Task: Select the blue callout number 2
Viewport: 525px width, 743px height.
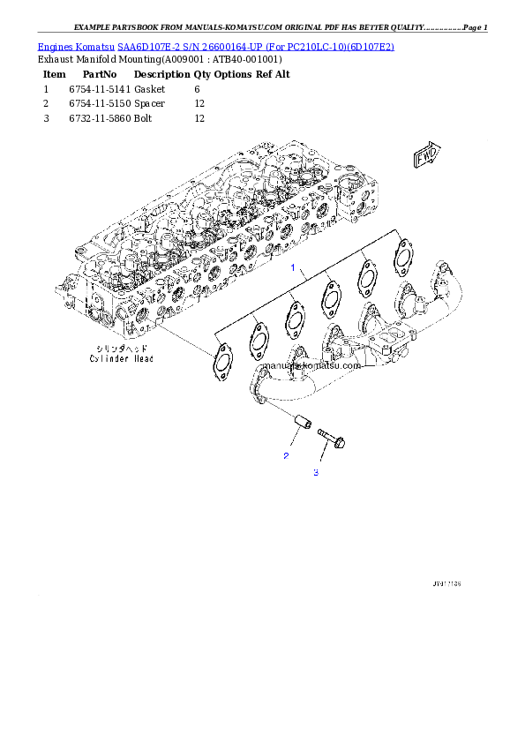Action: pyautogui.click(x=286, y=456)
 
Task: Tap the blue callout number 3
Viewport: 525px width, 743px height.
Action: pyautogui.click(x=315, y=473)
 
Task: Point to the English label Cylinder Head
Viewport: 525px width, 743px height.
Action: pyautogui.click(x=121, y=359)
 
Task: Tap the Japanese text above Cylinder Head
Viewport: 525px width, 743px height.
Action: pyautogui.click(x=122, y=349)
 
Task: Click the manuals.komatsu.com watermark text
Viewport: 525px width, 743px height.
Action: pyautogui.click(x=312, y=365)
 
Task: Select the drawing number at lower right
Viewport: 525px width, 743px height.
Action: pyautogui.click(x=446, y=584)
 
